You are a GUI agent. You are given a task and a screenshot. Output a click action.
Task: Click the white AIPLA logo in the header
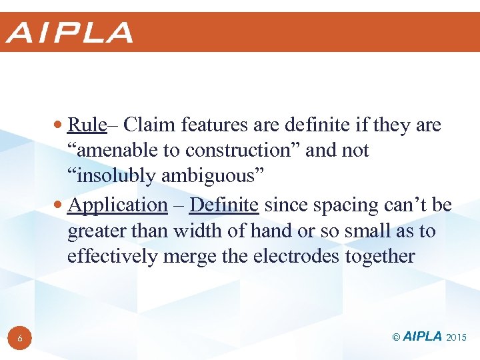coord(70,33)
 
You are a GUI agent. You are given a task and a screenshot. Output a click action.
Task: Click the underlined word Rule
coord(87,125)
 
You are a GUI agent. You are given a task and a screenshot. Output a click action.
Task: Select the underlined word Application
coord(117,205)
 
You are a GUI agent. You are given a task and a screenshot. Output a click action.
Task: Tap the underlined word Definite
coord(224,205)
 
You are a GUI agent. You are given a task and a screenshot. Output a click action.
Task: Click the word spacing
coord(333,205)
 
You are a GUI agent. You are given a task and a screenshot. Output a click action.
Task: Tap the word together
coord(381,257)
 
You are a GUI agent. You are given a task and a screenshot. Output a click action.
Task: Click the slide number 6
coord(20,339)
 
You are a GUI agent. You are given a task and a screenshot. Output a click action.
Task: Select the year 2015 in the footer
coord(457,337)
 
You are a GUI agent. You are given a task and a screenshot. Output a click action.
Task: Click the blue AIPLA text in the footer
coord(423,337)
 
